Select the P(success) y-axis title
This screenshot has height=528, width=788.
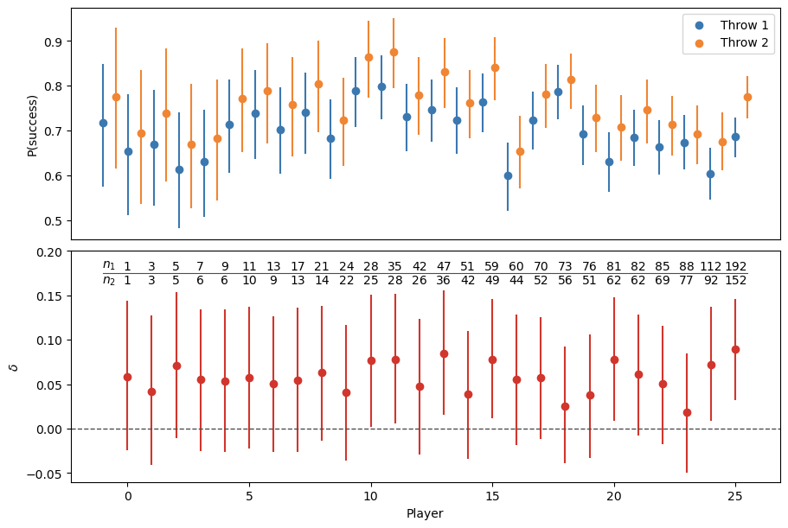click(x=32, y=124)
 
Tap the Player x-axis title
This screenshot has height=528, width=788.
click(x=425, y=513)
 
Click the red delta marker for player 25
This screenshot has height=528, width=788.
click(x=735, y=349)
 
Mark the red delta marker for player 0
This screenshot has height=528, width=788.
click(x=127, y=377)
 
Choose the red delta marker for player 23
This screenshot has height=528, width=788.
click(x=687, y=412)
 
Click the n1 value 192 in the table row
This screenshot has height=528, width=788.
click(x=735, y=266)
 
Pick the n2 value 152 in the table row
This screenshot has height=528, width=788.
click(x=735, y=280)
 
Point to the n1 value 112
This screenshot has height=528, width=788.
click(x=711, y=266)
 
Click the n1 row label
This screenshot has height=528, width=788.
click(x=109, y=265)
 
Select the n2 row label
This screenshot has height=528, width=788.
click(x=109, y=280)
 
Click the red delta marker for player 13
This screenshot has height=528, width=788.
click(x=444, y=353)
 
